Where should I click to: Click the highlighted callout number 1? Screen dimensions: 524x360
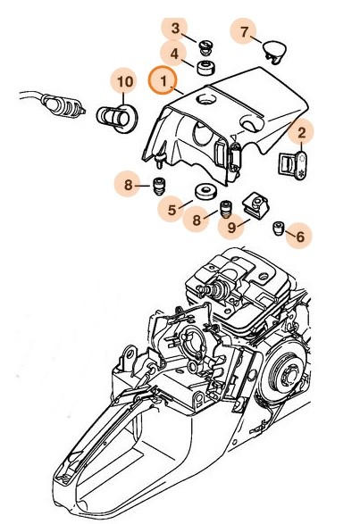tap(163, 81)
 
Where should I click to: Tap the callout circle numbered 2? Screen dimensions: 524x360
tap(303, 133)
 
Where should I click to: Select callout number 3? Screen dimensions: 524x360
tap(175, 29)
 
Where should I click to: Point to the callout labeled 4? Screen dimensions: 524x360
tap(175, 54)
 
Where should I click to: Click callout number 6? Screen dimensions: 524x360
tap(299, 237)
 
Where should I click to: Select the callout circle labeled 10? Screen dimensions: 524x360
tap(124, 82)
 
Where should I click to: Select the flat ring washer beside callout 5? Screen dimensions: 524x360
tap(205, 190)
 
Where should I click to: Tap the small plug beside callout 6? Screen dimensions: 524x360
tap(279, 228)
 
